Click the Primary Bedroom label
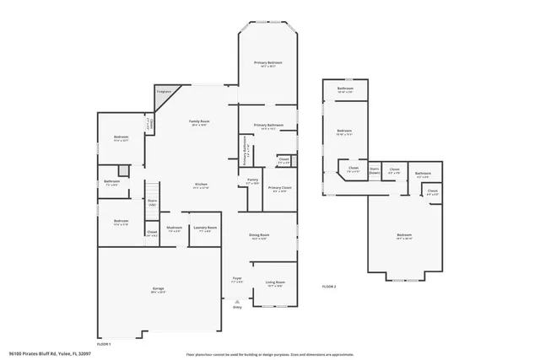pyautogui.click(x=268, y=64)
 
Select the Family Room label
pyautogui.click(x=199, y=122)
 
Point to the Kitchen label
pyautogui.click(x=202, y=185)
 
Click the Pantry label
pyautogui.click(x=252, y=180)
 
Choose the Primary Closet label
pyautogui.click(x=278, y=189)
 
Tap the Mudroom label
pyautogui.click(x=175, y=228)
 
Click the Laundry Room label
pyautogui.click(x=205, y=228)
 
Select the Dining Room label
pyautogui.click(x=258, y=236)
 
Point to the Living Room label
pyautogui.click(x=275, y=283)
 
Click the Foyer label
pyautogui.click(x=238, y=279)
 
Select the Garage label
pyautogui.click(x=158, y=290)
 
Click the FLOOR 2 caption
pyautogui.click(x=329, y=287)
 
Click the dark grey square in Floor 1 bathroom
pyautogui.click(x=123, y=170)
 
